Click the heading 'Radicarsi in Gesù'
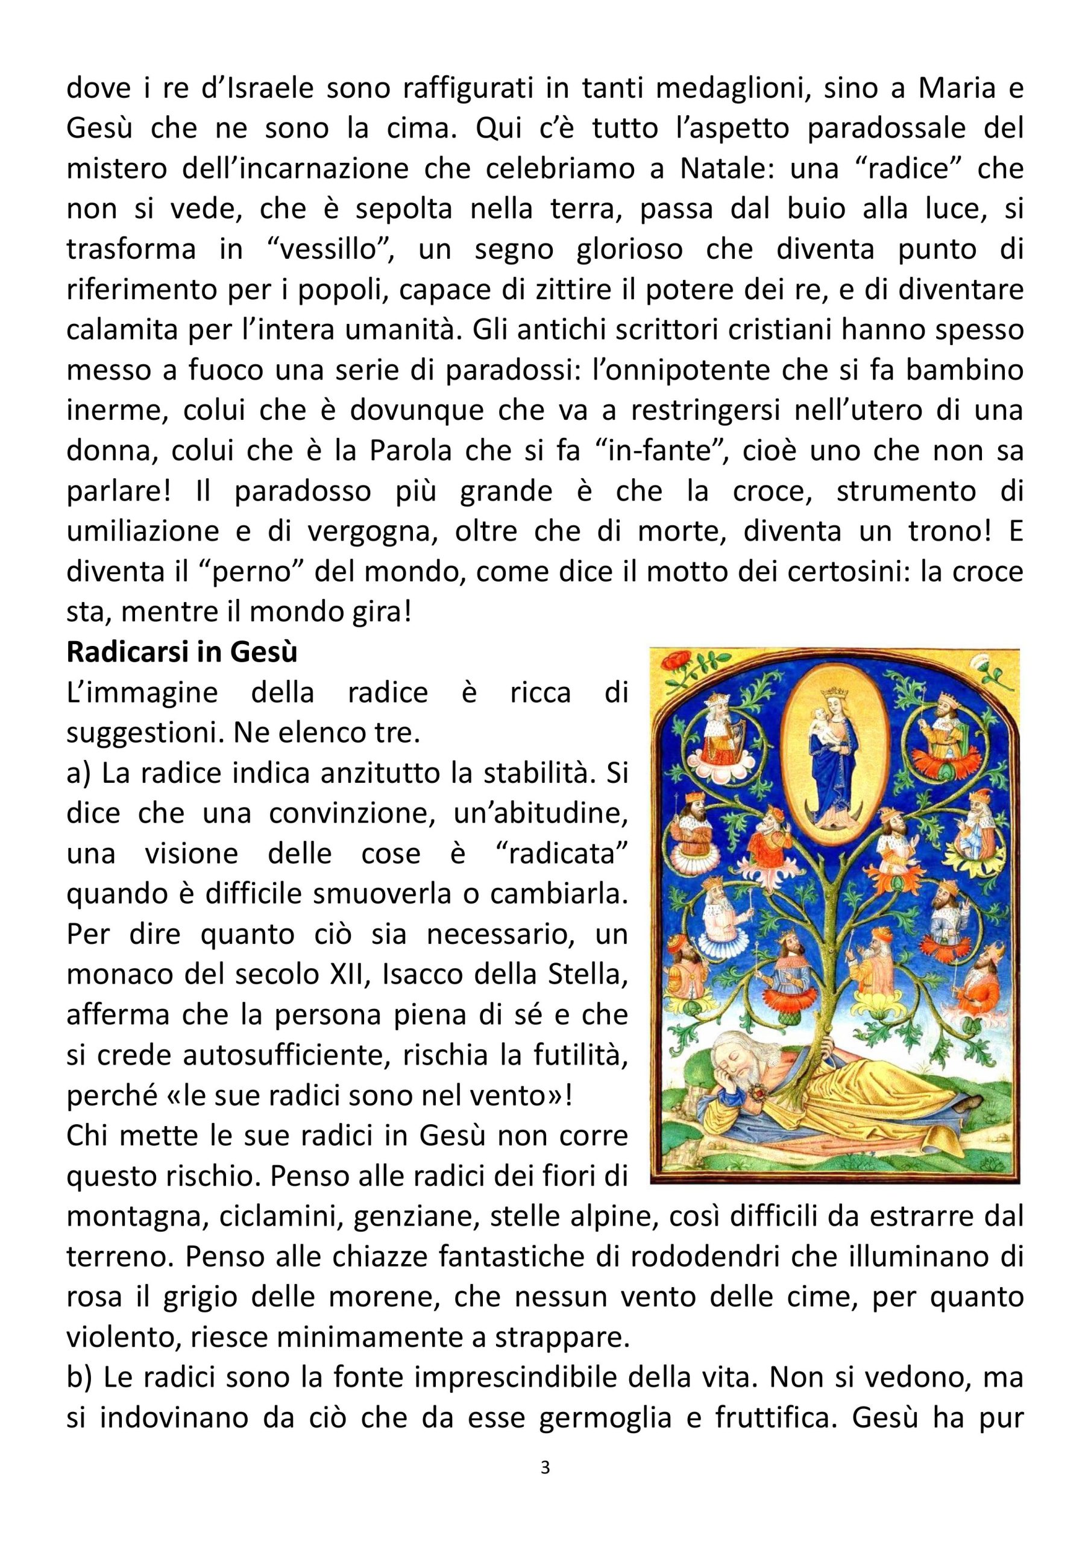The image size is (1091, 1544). (181, 653)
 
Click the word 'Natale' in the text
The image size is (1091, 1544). (723, 168)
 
